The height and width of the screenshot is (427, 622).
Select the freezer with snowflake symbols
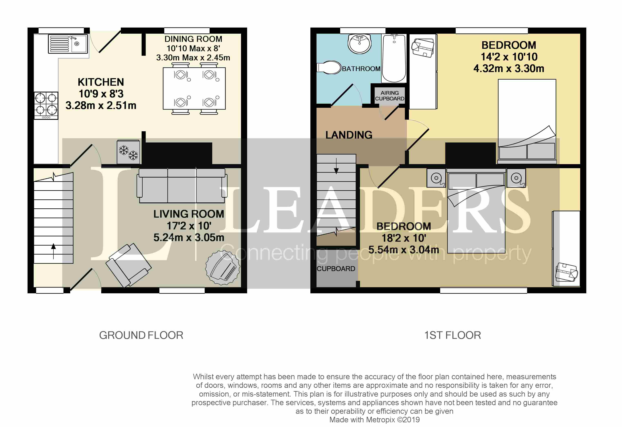(129, 152)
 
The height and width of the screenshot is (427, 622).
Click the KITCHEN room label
(101, 82)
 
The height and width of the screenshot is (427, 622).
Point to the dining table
(194, 88)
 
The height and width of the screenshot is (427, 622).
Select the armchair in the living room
(129, 265)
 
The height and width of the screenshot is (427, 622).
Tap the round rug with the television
(223, 267)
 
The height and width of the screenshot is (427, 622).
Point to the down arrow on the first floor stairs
(337, 166)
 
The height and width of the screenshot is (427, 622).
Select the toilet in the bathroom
(329, 68)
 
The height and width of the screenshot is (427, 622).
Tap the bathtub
(394, 58)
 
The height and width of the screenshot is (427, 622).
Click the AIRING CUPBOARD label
(390, 96)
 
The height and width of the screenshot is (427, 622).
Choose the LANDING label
(349, 135)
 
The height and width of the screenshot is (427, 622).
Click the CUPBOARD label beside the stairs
(336, 269)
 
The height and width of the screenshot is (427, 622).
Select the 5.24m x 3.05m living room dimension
(189, 237)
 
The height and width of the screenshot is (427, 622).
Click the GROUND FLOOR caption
(141, 335)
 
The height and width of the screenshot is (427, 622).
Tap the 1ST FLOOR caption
(453, 335)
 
